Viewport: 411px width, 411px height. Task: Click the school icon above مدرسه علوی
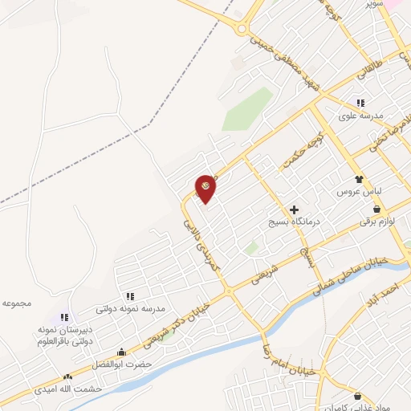coord(360,103)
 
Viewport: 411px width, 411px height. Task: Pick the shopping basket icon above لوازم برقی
coord(376,209)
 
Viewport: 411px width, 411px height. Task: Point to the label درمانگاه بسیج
coord(294,222)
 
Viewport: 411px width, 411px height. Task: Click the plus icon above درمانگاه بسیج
coord(294,209)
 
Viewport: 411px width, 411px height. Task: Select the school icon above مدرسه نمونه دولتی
coord(130,295)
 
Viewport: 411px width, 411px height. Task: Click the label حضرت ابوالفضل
coord(122,364)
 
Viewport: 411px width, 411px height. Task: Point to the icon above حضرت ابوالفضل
coord(121,351)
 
